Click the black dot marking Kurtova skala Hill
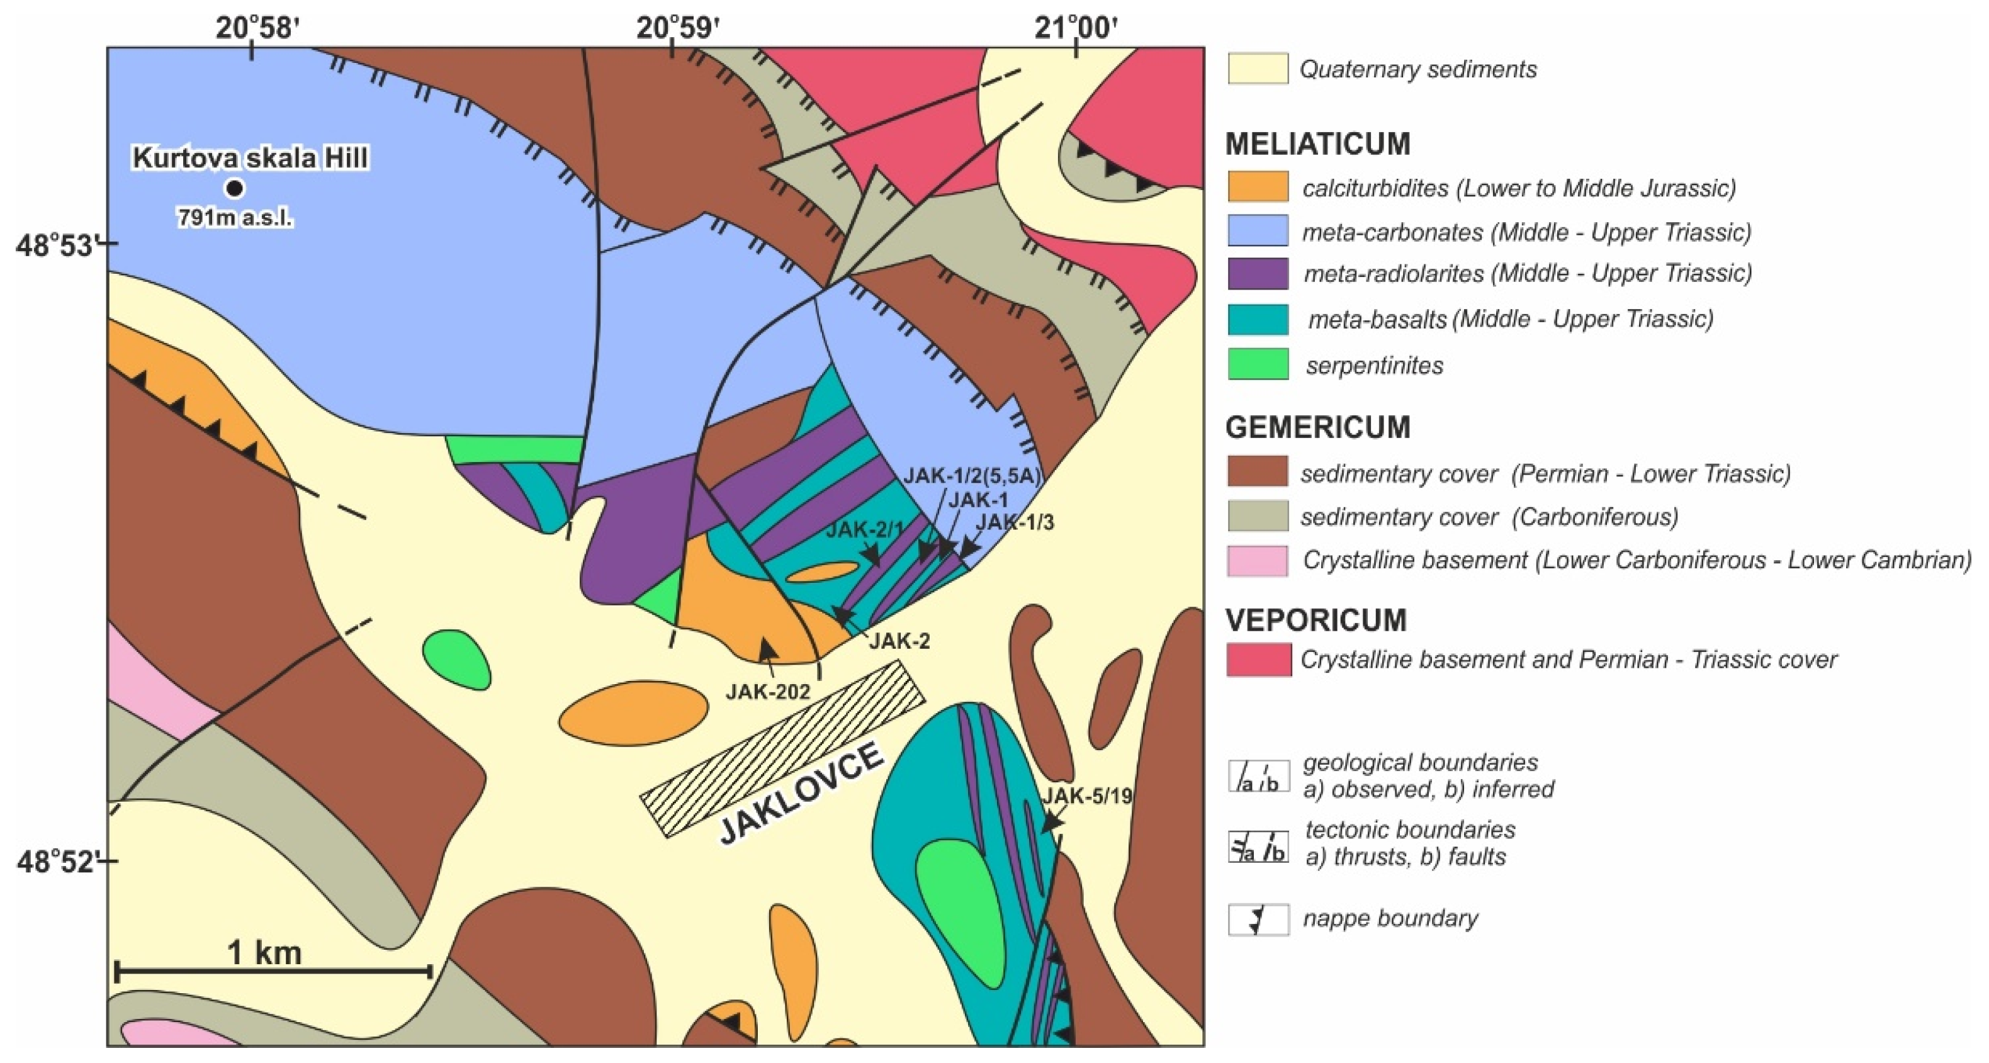tap(234, 188)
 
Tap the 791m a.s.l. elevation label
tap(235, 218)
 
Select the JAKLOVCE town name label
tap(803, 793)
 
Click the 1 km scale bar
tap(273, 971)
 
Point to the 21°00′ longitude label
tap(1076, 28)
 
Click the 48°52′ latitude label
tap(59, 862)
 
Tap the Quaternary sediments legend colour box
tap(1258, 69)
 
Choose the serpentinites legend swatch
tap(1258, 364)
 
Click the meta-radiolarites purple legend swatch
tap(1258, 273)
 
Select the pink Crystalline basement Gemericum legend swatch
tap(1258, 560)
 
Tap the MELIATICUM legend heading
tap(1317, 143)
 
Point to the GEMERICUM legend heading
tap(1317, 427)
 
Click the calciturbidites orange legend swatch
tap(1258, 187)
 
